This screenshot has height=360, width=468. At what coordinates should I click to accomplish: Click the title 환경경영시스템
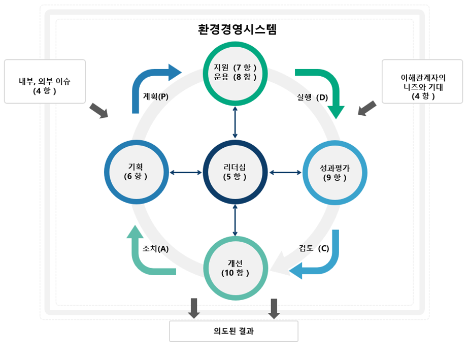pyautogui.click(x=237, y=29)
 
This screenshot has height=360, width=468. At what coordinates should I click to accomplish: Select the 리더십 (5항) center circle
pyautogui.click(x=235, y=172)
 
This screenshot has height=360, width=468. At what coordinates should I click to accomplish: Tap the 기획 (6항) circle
pyautogui.click(x=136, y=172)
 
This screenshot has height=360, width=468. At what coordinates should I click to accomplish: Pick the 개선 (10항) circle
pyautogui.click(x=235, y=268)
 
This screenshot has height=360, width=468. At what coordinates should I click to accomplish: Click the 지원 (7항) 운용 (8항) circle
pyautogui.click(x=235, y=72)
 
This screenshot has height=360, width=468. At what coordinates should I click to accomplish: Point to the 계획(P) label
pyautogui.click(x=155, y=96)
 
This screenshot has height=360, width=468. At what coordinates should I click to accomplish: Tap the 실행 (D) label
pyautogui.click(x=312, y=98)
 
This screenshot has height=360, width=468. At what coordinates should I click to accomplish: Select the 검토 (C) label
pyautogui.click(x=314, y=248)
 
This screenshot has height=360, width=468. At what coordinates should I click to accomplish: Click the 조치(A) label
pyautogui.click(x=155, y=248)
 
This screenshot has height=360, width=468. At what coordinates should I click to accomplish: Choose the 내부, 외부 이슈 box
pyautogui.click(x=45, y=81)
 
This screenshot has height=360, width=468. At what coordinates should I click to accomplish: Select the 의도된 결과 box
pyautogui.click(x=233, y=332)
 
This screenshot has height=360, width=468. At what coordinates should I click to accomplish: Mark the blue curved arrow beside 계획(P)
pyautogui.click(x=147, y=81)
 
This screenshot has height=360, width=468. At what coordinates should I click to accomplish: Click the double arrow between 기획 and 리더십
pyautogui.click(x=186, y=173)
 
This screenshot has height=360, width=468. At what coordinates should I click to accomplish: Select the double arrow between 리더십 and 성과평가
pyautogui.click(x=285, y=173)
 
